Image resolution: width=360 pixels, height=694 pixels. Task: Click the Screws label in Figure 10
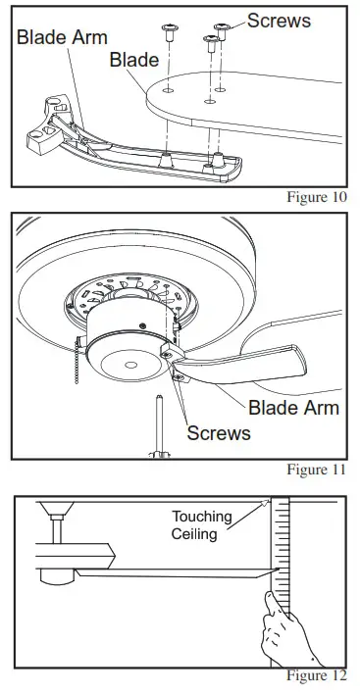pyautogui.click(x=279, y=19)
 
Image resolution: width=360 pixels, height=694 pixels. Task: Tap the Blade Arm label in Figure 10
pyautogui.click(x=61, y=37)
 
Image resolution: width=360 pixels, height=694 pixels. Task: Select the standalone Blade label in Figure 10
pyautogui.click(x=134, y=61)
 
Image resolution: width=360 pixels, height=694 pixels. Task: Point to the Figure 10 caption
pyautogui.click(x=317, y=196)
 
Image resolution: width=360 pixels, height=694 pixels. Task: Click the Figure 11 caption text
pyautogui.click(x=317, y=470)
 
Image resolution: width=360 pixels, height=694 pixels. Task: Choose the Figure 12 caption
pyautogui.click(x=317, y=676)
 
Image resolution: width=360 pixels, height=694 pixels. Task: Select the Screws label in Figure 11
pyautogui.click(x=218, y=431)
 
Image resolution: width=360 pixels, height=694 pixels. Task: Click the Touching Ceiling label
pyautogui.click(x=202, y=524)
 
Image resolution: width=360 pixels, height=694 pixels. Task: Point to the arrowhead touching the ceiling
pyautogui.click(x=265, y=503)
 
